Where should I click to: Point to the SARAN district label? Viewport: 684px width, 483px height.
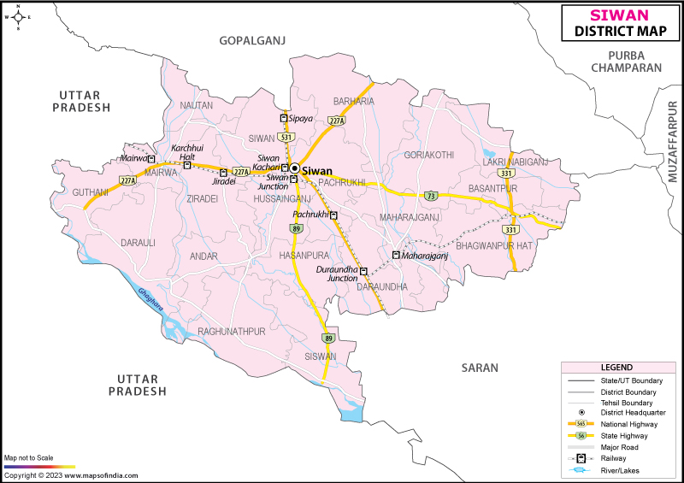[479, 368]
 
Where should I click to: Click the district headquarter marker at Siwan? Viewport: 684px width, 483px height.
[294, 169]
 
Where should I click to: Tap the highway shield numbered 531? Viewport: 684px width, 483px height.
[286, 137]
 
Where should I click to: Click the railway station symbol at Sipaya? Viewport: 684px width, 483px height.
[284, 118]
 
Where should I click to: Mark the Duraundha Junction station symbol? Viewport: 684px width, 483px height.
[363, 272]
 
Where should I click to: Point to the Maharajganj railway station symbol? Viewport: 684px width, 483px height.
[396, 255]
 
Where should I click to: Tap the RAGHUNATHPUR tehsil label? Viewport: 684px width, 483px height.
[232, 331]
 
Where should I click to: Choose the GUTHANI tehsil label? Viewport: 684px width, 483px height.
[90, 193]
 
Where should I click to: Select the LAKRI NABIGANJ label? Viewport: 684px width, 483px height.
[515, 162]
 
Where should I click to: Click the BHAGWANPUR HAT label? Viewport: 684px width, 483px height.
[518, 245]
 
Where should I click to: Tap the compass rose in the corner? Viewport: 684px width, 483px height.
[17, 17]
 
